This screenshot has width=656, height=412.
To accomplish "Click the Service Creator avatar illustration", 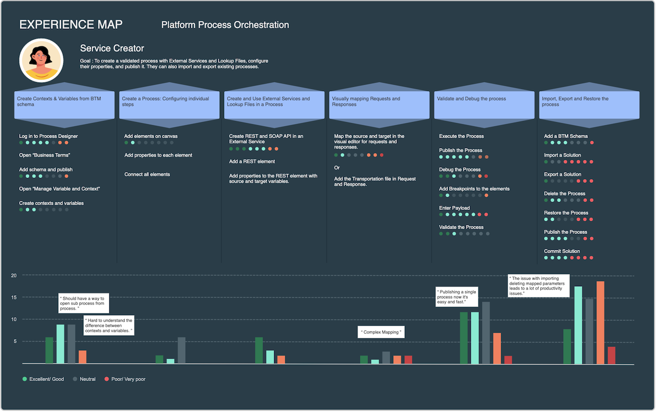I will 41,60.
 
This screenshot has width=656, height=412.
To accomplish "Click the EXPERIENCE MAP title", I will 70,25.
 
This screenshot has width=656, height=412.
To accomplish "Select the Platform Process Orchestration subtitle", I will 225,25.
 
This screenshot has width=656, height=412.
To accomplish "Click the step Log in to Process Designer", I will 49,136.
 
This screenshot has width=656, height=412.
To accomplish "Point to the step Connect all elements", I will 147,174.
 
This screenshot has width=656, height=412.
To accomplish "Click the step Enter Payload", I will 454,208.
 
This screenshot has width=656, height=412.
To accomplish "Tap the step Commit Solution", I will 562,251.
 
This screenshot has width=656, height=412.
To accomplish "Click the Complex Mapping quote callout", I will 381,332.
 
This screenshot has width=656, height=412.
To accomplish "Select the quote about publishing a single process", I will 457,297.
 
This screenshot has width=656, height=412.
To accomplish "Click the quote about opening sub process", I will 84,303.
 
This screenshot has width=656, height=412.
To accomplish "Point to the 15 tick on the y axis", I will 14,297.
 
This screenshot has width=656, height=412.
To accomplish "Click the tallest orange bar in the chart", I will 600,322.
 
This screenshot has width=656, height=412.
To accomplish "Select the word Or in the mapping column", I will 337,167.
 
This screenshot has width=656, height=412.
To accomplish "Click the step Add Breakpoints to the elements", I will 474,189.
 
